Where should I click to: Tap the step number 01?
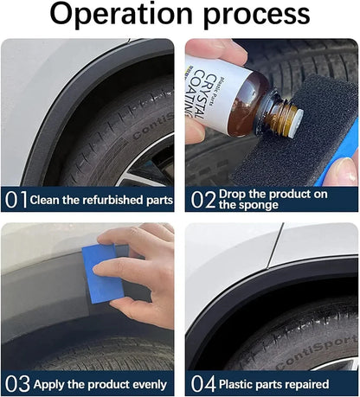tap(16, 200)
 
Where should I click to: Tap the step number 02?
tap(202, 200)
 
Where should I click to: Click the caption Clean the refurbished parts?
tap(101, 200)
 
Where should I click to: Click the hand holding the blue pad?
tap(143, 268)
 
